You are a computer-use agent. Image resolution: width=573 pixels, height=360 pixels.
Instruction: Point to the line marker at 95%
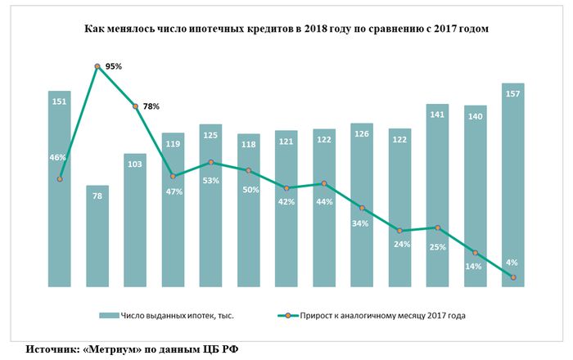tap(97, 66)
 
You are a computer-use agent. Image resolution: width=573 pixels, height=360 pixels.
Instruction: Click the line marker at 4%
tap(512, 278)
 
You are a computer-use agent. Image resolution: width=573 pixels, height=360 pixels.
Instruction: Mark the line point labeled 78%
tap(135, 106)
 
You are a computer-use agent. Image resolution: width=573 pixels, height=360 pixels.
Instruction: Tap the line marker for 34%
tap(362, 209)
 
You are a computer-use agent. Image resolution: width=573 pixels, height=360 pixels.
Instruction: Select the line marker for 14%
tap(475, 253)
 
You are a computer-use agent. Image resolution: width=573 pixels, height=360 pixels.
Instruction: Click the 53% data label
tap(211, 180)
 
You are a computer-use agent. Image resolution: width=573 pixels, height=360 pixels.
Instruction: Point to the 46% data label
tap(57, 157)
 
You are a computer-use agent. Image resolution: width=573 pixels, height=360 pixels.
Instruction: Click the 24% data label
tap(400, 244)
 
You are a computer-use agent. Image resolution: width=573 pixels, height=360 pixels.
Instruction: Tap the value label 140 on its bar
tap(475, 117)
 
